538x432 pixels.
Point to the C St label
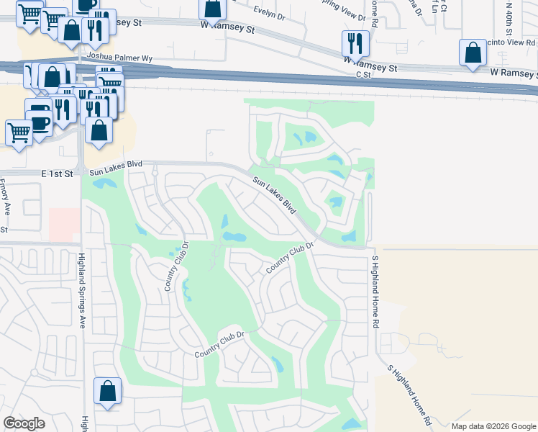pyautogui.click(x=362, y=74)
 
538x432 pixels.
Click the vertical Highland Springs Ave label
pyautogui.click(x=82, y=292)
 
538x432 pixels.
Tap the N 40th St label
pyautogui.click(x=508, y=17)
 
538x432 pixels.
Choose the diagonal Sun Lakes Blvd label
pyautogui.click(x=275, y=194)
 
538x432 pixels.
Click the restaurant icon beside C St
pyautogui.click(x=355, y=44)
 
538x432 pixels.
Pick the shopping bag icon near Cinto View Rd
pyautogui.click(x=472, y=53)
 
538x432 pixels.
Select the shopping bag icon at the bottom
pyautogui.click(x=107, y=391)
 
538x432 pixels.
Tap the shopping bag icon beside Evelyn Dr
pyautogui.click(x=213, y=9)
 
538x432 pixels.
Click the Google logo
pyautogui.click(x=24, y=423)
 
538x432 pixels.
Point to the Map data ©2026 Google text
pyautogui.click(x=493, y=426)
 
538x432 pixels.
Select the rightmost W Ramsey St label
pyautogui.click(x=514, y=73)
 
